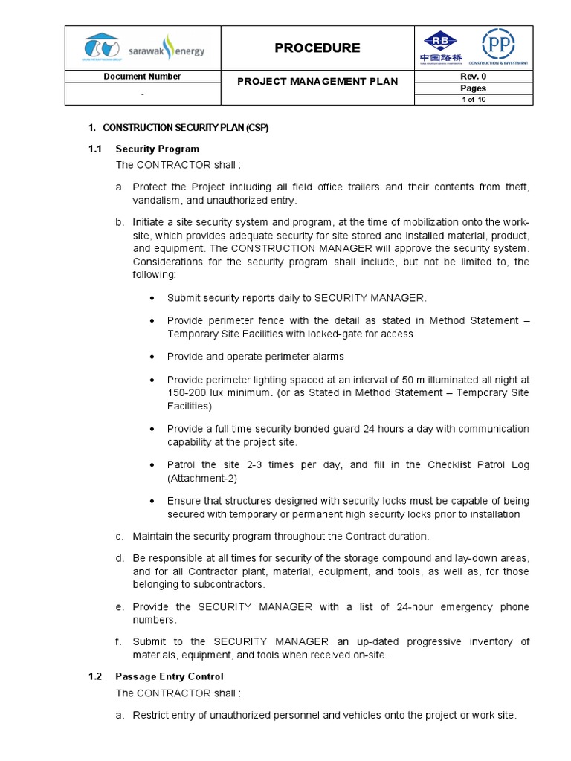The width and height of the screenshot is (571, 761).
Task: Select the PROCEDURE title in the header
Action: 317,48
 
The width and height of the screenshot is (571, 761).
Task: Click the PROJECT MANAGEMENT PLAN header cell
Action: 317,82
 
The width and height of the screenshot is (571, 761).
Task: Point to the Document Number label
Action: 142,77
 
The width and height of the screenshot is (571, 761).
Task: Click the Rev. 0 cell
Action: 473,76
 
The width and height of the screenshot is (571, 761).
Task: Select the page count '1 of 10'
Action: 473,100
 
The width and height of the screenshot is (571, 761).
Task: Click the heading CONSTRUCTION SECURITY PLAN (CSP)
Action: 185,128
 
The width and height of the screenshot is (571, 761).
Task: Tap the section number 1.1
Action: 94,149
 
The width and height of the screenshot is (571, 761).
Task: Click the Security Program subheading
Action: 157,149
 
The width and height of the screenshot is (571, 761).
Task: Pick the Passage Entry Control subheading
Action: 169,676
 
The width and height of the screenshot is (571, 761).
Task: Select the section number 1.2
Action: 94,676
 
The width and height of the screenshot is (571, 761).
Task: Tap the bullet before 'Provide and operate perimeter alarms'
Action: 152,357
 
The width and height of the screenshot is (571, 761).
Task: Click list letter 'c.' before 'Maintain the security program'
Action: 119,537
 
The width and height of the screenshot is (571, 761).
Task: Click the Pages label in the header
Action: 473,88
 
